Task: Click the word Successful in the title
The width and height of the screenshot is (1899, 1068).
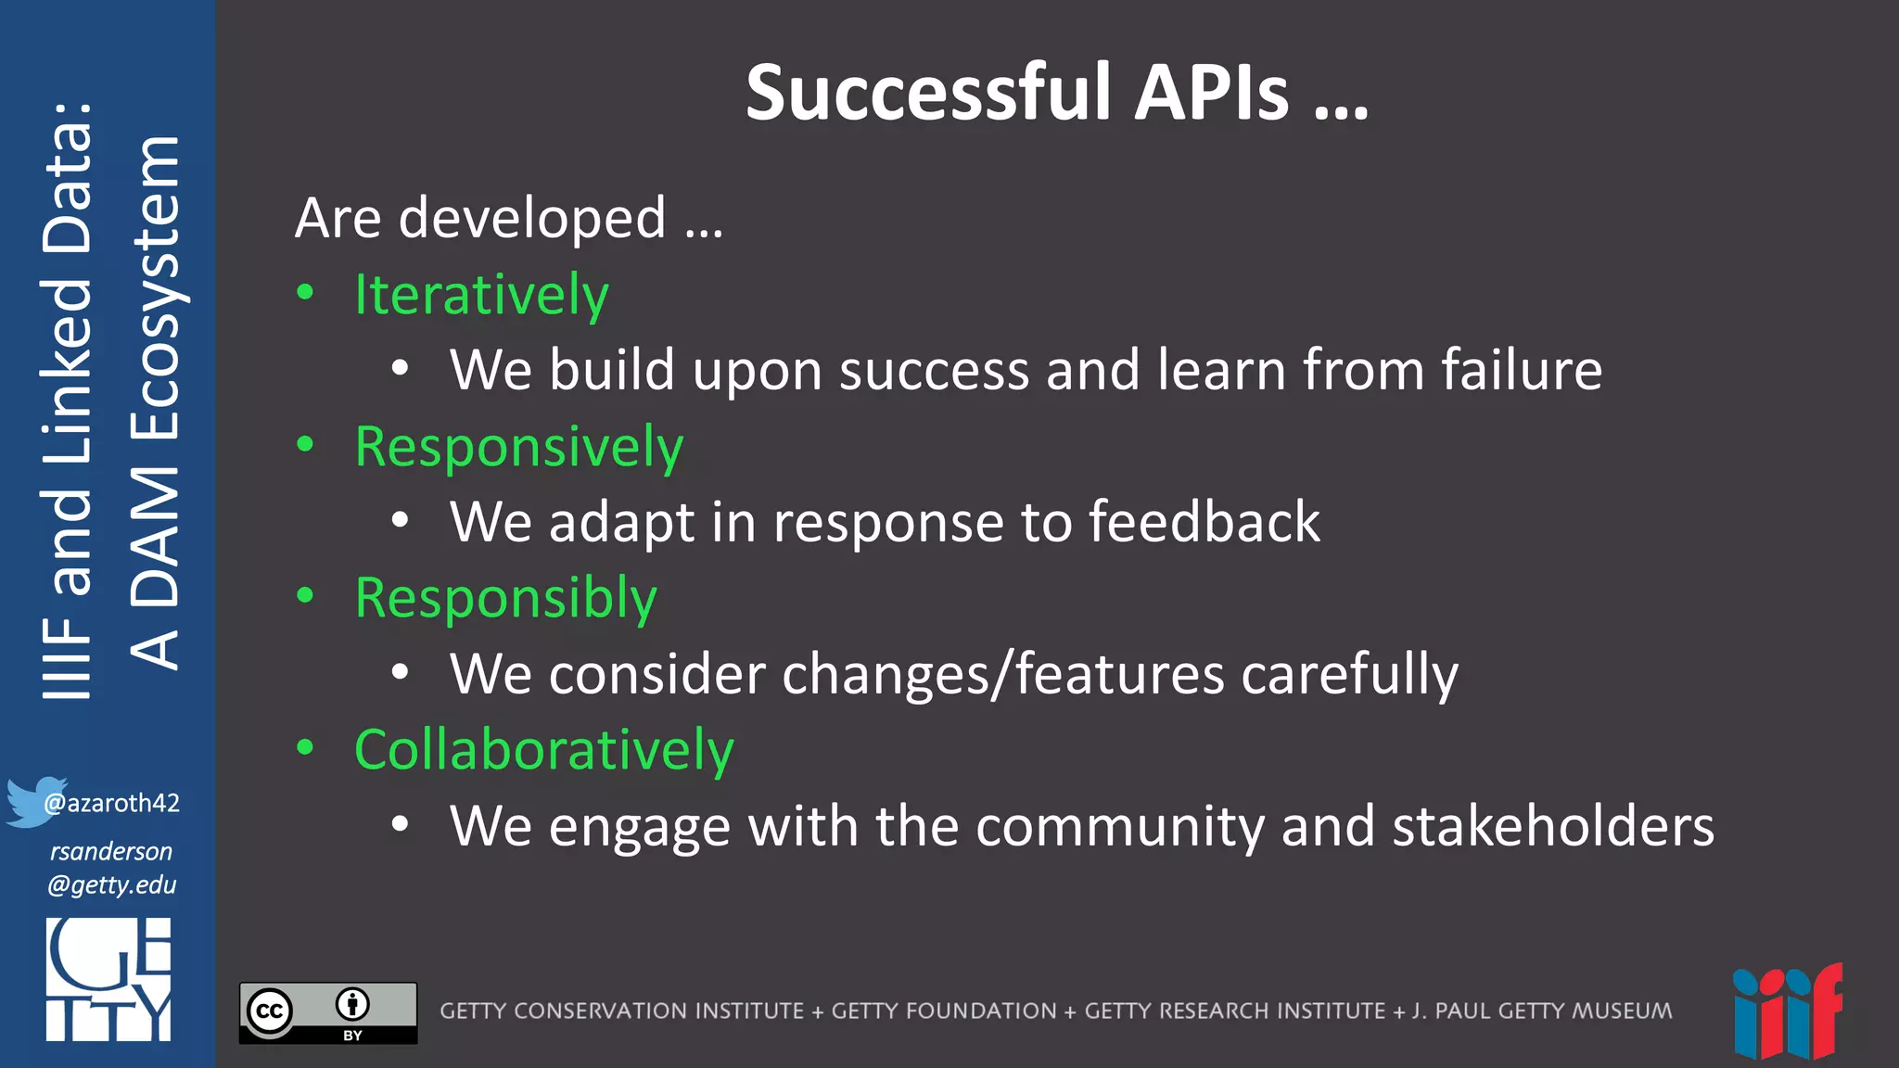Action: (928, 93)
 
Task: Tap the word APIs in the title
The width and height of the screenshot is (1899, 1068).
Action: (1212, 93)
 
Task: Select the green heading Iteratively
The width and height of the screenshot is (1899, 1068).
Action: (481, 295)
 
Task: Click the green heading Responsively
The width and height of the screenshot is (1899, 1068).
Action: (518, 447)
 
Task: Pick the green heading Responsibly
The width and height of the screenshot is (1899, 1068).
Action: (505, 598)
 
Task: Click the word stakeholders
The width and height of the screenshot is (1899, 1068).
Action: (1553, 826)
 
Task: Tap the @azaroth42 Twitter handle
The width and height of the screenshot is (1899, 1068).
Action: (112, 803)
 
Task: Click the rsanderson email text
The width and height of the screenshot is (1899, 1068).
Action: (111, 868)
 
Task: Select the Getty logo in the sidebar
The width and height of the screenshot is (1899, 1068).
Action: (108, 979)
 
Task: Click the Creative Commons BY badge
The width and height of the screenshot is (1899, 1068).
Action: (328, 1012)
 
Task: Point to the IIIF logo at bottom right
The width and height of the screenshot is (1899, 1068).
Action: (1787, 1012)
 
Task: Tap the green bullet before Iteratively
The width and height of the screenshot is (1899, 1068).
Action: (305, 293)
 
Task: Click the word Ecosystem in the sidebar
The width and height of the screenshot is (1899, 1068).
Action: (156, 287)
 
